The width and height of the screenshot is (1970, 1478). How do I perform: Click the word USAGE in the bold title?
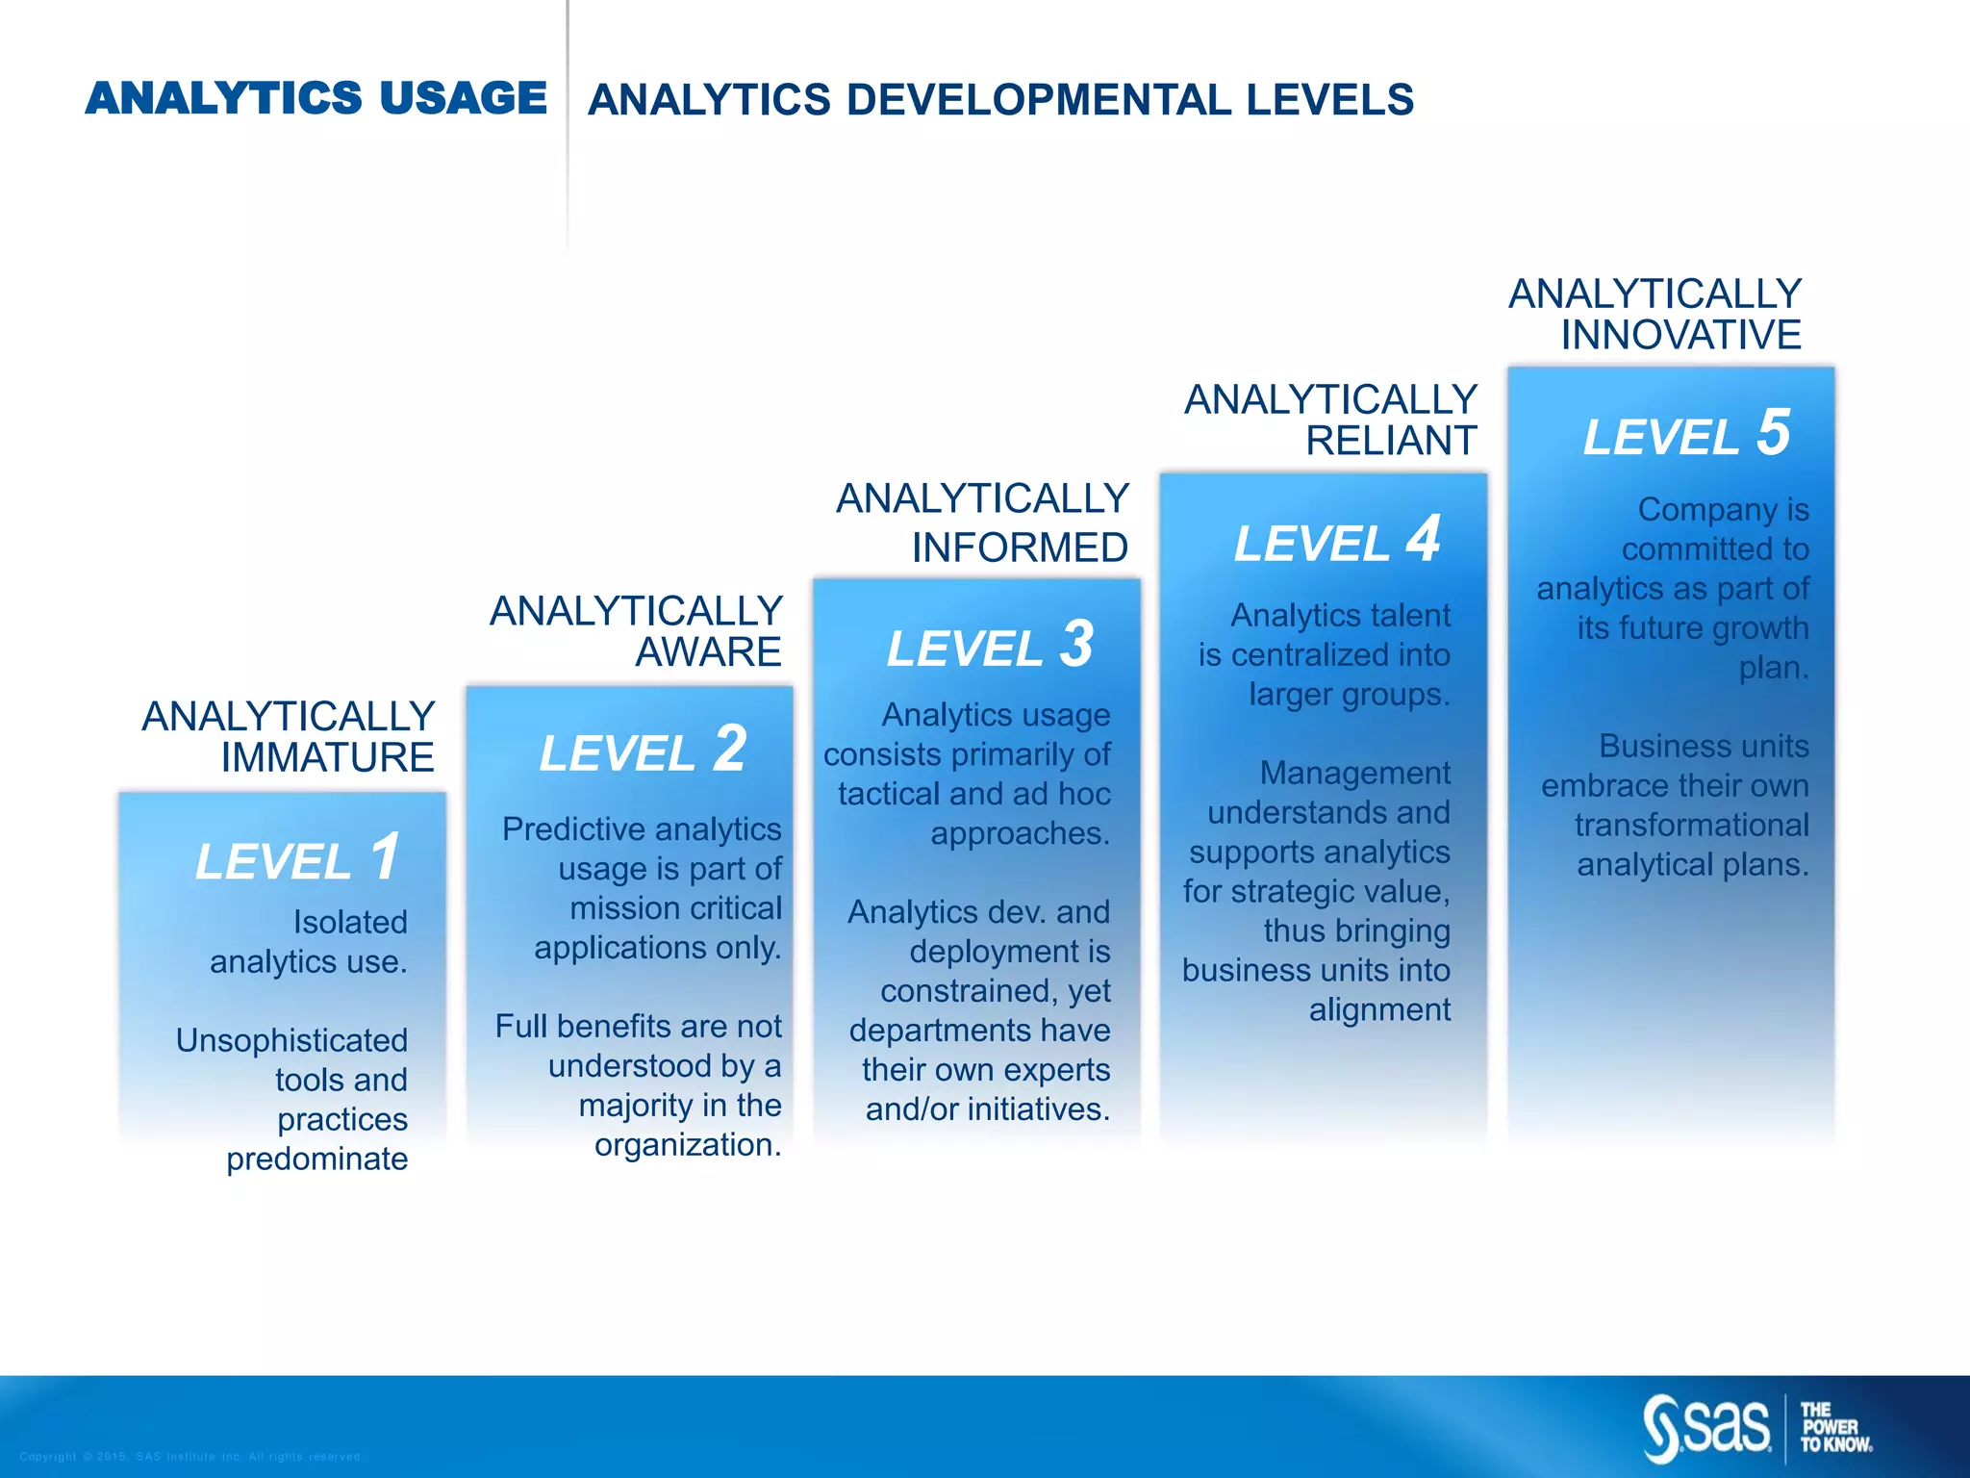pyautogui.click(x=463, y=99)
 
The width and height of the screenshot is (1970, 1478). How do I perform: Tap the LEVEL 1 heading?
pyautogui.click(x=296, y=858)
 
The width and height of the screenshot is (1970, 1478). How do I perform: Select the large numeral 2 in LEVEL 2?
pyautogui.click(x=730, y=749)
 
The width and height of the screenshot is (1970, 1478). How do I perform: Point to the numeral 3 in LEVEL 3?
pyautogui.click(x=1077, y=644)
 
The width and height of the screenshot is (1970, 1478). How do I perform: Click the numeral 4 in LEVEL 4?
pyautogui.click(x=1424, y=539)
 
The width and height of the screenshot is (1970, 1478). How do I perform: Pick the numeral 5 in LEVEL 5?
pyautogui.click(x=1773, y=432)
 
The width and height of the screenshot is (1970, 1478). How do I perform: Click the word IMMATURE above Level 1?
pyautogui.click(x=327, y=758)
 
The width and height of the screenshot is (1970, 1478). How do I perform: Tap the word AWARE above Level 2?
pyautogui.click(x=708, y=652)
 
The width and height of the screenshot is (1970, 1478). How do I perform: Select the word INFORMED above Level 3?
pyautogui.click(x=1020, y=548)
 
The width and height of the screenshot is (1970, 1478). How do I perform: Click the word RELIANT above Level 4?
pyautogui.click(x=1390, y=441)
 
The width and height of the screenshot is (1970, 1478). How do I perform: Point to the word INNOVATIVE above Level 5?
pyautogui.click(x=1680, y=335)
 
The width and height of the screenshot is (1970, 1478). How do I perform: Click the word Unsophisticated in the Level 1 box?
pyautogui.click(x=291, y=1040)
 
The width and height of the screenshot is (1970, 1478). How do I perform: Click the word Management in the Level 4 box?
pyautogui.click(x=1354, y=773)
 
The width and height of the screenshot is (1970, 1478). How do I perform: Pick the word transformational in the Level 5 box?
pyautogui.click(x=1691, y=825)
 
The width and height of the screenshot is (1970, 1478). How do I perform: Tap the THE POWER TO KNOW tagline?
pyautogui.click(x=1835, y=1427)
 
